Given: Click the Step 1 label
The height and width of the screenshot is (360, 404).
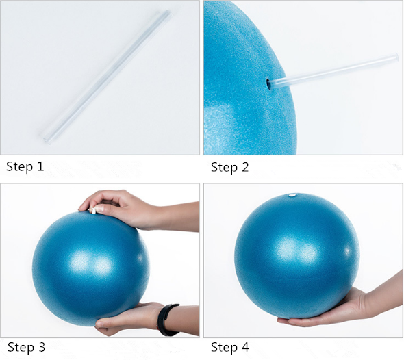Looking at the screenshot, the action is [25, 166].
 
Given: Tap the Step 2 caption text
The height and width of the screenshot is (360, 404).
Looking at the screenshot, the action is [230, 167].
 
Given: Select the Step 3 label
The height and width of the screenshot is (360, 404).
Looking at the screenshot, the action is [26, 347].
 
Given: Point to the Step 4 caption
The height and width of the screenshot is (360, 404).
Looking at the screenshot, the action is [230, 347].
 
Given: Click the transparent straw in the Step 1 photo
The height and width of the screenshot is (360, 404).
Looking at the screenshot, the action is [107, 77].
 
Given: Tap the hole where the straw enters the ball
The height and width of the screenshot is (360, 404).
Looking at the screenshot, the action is [268, 84].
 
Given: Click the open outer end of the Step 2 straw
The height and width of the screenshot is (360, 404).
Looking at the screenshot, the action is [396, 57].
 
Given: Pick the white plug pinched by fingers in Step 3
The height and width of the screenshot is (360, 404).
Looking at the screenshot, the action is [92, 211].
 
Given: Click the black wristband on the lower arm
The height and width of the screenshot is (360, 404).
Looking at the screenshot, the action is [168, 320].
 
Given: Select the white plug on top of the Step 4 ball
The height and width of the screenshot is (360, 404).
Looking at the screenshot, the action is [292, 196].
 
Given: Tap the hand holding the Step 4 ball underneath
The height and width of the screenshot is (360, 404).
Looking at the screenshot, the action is [342, 304].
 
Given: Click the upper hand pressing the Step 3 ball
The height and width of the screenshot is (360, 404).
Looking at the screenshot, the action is [121, 210].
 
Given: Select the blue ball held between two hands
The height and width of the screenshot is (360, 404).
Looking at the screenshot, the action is [91, 268].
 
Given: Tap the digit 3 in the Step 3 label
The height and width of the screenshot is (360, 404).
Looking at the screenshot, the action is [41, 347].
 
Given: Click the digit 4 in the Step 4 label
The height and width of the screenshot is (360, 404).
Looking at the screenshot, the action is [244, 347].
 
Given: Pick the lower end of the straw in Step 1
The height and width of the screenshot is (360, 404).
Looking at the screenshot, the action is [47, 140].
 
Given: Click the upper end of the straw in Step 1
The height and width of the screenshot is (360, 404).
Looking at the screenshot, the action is [168, 13].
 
